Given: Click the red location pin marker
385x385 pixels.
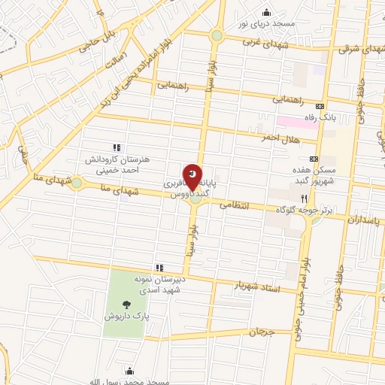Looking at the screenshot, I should tap(192, 177).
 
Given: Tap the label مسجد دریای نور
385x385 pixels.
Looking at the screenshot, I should tap(265, 23).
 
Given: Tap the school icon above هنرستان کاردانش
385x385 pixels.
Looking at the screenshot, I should tap(115, 147).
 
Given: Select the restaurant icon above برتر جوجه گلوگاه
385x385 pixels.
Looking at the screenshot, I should tap(305, 199).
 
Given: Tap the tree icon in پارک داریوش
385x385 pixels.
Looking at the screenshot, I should tap(126, 305).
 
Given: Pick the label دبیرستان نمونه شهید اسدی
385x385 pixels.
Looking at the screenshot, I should tap(159, 284).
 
